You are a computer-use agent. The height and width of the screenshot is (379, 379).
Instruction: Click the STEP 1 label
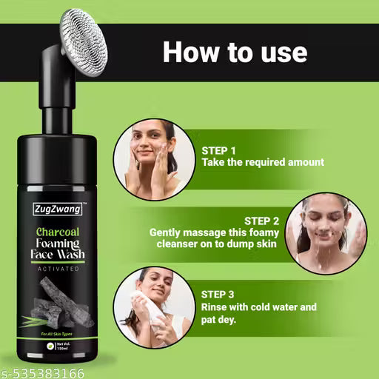(219, 149)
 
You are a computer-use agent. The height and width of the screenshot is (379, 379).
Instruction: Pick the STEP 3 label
(220, 294)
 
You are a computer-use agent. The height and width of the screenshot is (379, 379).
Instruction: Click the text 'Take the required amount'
(263, 161)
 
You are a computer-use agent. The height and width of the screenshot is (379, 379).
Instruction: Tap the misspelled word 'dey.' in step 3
(245, 320)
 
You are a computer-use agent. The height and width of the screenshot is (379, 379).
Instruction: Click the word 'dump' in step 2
(266, 244)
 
